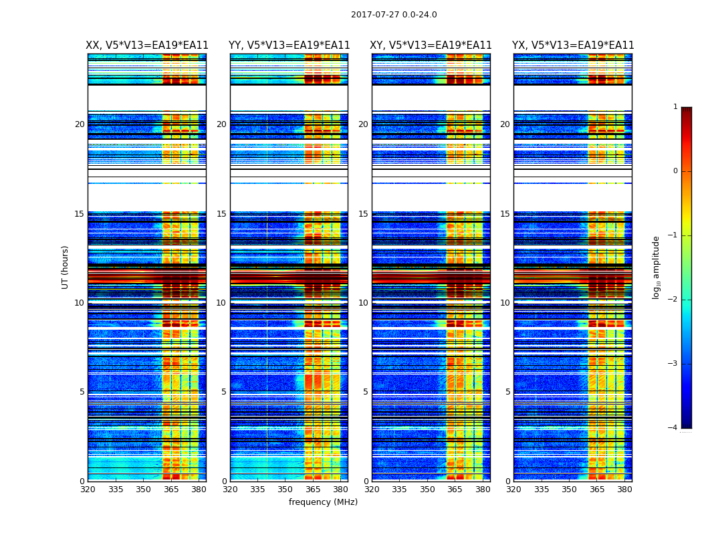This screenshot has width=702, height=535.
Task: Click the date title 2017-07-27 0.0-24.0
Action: point(394,15)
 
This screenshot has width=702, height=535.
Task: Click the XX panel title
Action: point(147,45)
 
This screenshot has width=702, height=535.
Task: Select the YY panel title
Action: point(289,45)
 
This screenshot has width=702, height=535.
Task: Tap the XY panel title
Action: point(431,45)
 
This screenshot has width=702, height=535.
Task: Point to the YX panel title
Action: point(573,45)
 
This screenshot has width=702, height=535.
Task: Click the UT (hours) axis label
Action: point(66,267)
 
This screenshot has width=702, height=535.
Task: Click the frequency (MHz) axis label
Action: point(323,502)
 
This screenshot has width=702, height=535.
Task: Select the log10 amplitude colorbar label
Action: point(657,267)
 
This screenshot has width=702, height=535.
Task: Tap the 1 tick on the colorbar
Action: point(675,107)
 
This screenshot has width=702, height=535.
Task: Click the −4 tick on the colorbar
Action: point(673,428)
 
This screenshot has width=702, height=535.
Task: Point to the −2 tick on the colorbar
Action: point(673,300)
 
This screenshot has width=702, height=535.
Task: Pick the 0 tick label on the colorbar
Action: point(675,171)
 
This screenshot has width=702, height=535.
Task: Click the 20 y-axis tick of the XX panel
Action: point(80,124)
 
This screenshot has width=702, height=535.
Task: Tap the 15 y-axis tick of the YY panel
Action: point(221,214)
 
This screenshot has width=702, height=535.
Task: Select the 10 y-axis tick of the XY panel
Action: point(363,303)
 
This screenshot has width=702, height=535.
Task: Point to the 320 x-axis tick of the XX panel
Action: point(88,490)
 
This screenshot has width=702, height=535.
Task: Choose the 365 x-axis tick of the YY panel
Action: point(313,490)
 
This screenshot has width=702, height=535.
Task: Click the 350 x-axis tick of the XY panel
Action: point(427,490)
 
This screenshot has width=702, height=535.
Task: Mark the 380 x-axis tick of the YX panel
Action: point(624,490)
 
